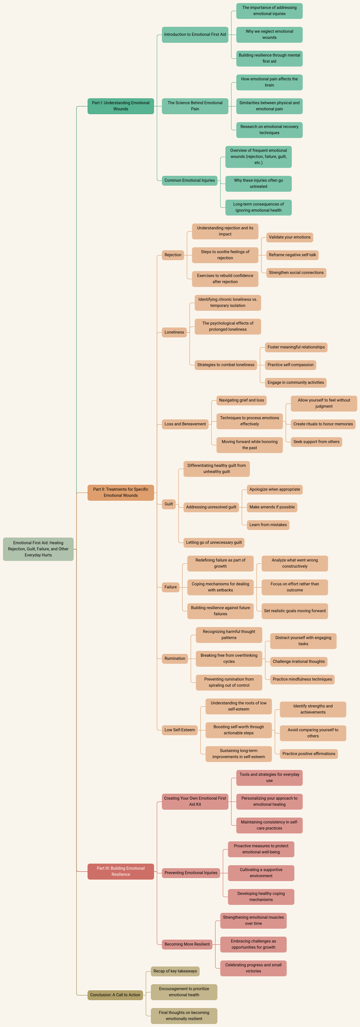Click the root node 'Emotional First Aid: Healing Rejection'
pyautogui.click(x=38, y=549)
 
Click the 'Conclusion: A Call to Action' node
pyautogui.click(x=115, y=995)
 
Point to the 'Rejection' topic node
pyautogui.click(x=173, y=255)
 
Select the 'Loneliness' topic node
pyautogui.click(x=174, y=332)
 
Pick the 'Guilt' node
pyautogui.click(x=169, y=504)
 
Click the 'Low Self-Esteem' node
pyautogui.click(x=180, y=730)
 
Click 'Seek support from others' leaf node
pyautogui.click(x=317, y=442)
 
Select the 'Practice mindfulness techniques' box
pyautogui.click(x=302, y=679)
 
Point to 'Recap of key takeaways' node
pyautogui.click(x=175, y=971)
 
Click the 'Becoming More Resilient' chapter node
pyautogui.click(x=187, y=944)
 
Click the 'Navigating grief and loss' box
pyautogui.click(x=241, y=400)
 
